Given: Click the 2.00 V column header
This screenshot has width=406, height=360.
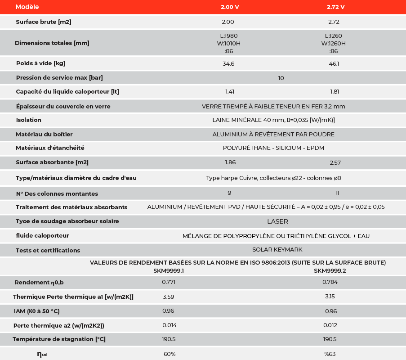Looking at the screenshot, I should click(229, 7).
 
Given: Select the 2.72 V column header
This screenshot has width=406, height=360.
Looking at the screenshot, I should click(335, 7).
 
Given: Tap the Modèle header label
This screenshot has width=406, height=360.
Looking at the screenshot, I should click(27, 7).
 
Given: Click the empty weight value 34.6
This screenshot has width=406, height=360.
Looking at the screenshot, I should click(228, 64).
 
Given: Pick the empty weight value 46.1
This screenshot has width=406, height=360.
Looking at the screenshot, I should click(334, 64).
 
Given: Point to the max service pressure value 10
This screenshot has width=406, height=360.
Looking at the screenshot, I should click(281, 78).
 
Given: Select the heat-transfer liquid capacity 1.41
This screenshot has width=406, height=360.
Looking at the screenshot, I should click(230, 92).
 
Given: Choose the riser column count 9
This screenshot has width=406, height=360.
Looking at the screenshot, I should click(229, 193).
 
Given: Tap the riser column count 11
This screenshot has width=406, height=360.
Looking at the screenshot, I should click(337, 193).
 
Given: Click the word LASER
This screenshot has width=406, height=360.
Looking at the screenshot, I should click(277, 221).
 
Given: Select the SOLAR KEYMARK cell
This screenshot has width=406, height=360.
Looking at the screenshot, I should click(277, 250).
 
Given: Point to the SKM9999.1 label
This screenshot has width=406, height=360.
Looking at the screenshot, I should click(169, 271).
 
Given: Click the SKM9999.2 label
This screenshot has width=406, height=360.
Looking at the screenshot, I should click(330, 271).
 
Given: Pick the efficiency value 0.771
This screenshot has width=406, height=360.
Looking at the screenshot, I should click(169, 282).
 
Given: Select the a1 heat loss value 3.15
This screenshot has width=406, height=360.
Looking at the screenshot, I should click(330, 297).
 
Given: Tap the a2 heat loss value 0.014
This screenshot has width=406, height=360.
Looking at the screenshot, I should click(170, 325).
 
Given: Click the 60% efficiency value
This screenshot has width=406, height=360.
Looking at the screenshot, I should click(170, 354).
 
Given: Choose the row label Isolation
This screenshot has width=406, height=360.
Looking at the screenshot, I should click(28, 120).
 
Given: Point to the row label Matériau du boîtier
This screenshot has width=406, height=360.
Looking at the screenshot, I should click(44, 135).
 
